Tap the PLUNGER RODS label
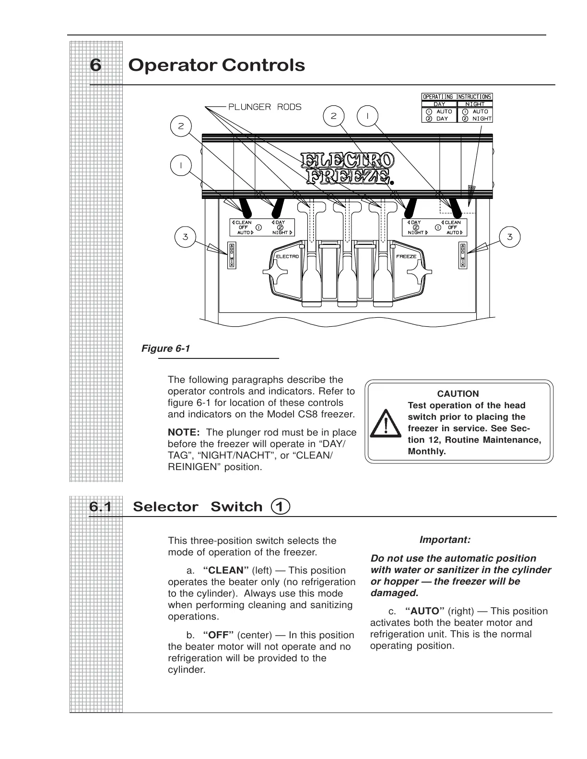(x=265, y=107)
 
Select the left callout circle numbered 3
(x=185, y=236)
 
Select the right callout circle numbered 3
(x=509, y=236)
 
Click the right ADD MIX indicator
(x=462, y=255)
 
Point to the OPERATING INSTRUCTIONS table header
(x=457, y=97)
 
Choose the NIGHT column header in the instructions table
(x=475, y=104)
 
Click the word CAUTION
(x=458, y=394)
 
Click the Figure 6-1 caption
(x=165, y=348)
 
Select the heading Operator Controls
(x=216, y=65)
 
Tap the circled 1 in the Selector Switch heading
(x=281, y=506)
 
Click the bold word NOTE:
(x=184, y=433)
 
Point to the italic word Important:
(x=445, y=540)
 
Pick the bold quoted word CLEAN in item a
(x=226, y=570)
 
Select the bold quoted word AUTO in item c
(x=425, y=611)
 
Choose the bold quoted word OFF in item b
(x=218, y=635)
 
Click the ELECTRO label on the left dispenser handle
(x=287, y=256)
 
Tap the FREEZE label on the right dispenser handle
(x=406, y=256)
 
